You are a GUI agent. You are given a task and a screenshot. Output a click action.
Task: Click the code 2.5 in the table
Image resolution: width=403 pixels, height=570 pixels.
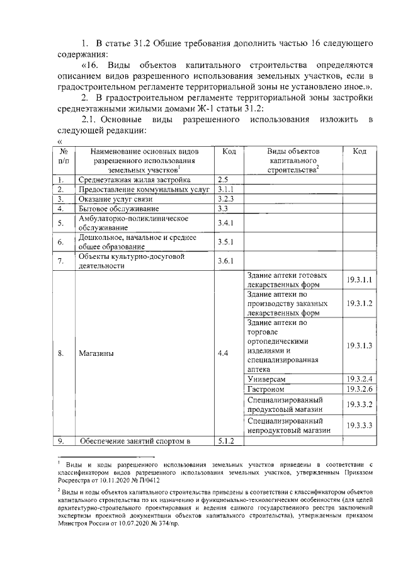pyautogui.click(x=222, y=180)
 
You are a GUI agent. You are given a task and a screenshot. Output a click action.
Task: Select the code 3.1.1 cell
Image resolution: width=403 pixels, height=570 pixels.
pyautogui.click(x=225, y=189)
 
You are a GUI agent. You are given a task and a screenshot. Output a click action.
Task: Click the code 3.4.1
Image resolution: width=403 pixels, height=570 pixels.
pyautogui.click(x=225, y=222)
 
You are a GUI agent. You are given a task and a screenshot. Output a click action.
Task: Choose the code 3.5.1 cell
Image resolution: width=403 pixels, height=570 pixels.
pyautogui.click(x=225, y=242)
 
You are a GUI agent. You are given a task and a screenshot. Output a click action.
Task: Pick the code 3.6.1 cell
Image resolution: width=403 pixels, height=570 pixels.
pyautogui.click(x=225, y=261)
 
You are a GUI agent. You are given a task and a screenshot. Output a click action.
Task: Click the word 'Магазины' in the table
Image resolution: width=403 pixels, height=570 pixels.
pyautogui.click(x=96, y=353)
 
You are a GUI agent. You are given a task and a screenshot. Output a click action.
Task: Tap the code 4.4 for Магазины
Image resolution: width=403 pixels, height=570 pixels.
pyautogui.click(x=223, y=353)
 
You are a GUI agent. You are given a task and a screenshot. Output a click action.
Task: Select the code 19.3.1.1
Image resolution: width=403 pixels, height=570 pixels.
pyautogui.click(x=360, y=280)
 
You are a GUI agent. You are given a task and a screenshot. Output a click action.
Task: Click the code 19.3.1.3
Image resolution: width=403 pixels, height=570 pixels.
pyautogui.click(x=360, y=346)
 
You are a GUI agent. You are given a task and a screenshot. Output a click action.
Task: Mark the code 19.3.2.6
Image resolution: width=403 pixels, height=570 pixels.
pyautogui.click(x=360, y=389)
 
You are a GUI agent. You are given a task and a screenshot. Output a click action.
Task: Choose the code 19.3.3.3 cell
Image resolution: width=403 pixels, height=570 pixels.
pyautogui.click(x=360, y=425)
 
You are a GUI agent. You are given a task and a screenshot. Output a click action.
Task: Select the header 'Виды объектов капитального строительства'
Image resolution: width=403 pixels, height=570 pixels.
pyautogui.click(x=293, y=161)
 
